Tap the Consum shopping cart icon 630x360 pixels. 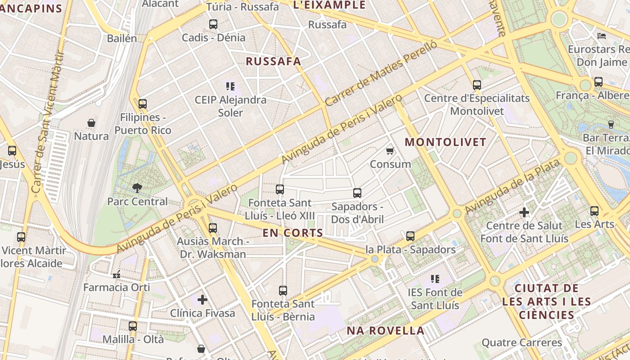click(390, 151)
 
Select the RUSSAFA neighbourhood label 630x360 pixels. click(273, 62)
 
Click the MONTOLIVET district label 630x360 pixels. click(445, 142)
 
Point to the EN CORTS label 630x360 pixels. click(293, 233)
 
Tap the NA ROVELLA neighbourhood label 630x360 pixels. click(385, 331)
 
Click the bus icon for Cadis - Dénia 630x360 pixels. click(213, 24)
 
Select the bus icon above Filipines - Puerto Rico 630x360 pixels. click(143, 104)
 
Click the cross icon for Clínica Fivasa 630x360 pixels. click(202, 299)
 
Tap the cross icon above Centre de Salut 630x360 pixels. click(524, 212)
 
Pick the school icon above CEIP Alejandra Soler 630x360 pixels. click(230, 86)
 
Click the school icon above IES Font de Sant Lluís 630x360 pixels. click(435, 279)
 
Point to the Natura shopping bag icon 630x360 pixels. click(91, 123)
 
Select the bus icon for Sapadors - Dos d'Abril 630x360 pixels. click(357, 193)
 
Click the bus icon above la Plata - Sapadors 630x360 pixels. click(410, 236)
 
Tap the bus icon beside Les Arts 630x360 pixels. click(594, 211)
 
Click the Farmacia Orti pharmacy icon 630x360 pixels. click(117, 274)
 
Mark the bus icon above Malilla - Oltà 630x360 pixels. click(133, 326)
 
